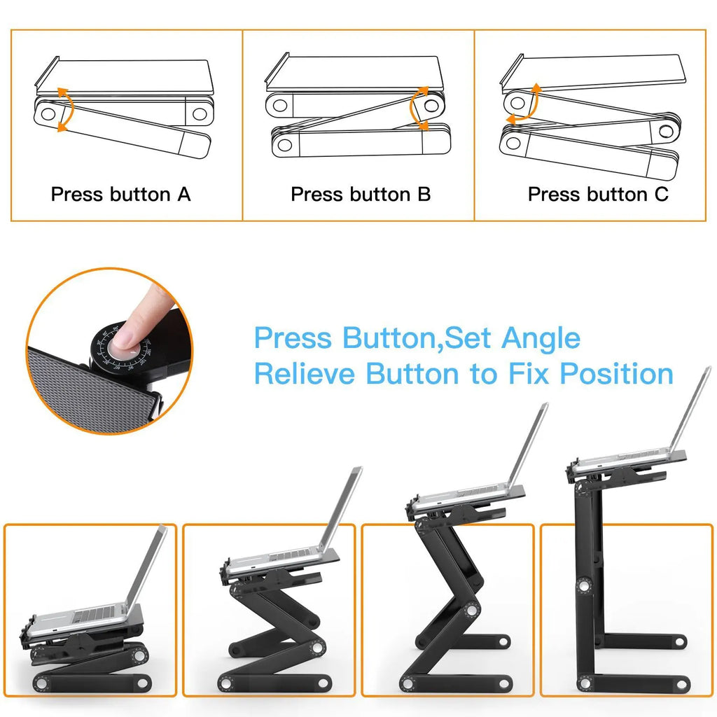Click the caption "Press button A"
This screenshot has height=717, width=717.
click(120, 194)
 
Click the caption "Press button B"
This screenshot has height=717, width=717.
click(361, 194)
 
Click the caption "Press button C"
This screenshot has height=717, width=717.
click(598, 194)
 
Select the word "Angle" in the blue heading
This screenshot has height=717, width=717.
click(541, 338)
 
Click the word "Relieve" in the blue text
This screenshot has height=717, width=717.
click(305, 373)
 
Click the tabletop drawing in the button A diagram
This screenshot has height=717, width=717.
click(126, 76)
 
